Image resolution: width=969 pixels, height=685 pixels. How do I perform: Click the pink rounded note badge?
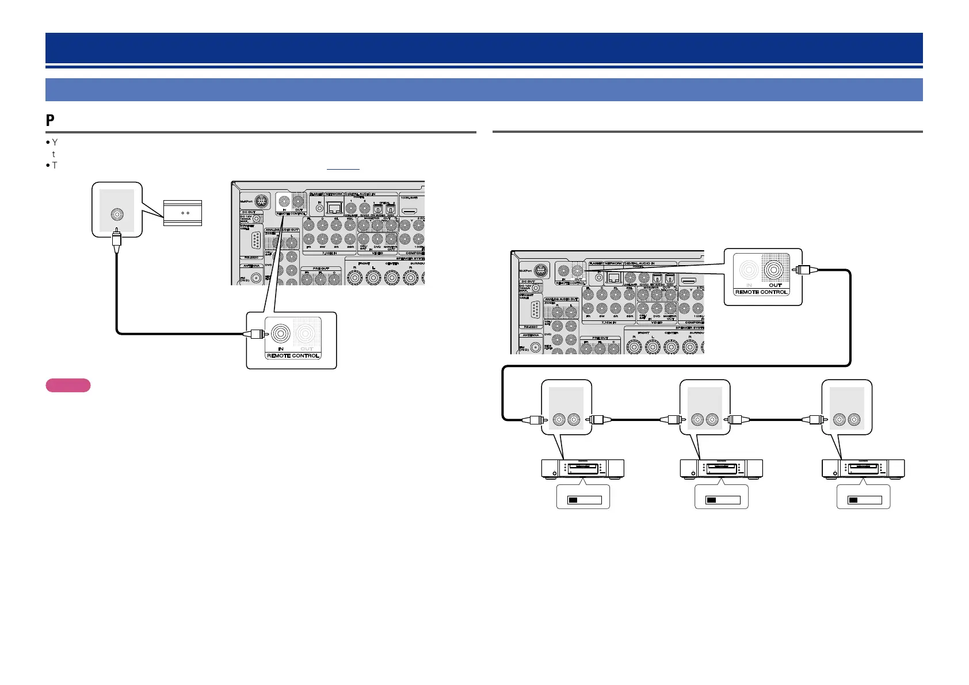pyautogui.click(x=68, y=385)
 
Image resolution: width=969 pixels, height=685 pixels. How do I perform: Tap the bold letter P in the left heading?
pyautogui.click(x=50, y=121)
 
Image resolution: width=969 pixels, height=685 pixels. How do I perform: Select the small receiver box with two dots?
pyautogui.click(x=182, y=213)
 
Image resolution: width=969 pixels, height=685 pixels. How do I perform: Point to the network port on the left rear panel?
pyautogui.click(x=334, y=210)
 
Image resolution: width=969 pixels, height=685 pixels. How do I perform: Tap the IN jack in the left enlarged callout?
pyautogui.click(x=281, y=333)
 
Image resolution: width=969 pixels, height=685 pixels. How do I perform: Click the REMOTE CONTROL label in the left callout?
pyautogui.click(x=293, y=355)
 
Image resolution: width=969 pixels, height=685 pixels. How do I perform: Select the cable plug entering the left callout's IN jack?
pyautogui.click(x=254, y=334)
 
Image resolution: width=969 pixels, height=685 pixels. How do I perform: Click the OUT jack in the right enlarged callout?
pyautogui.click(x=774, y=269)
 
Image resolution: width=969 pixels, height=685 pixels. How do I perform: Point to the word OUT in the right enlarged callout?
pyautogui.click(x=776, y=285)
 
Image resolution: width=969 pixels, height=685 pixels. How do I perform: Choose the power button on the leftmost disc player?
pyautogui.click(x=553, y=474)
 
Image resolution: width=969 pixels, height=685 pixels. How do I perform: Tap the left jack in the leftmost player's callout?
pyautogui.click(x=559, y=420)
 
